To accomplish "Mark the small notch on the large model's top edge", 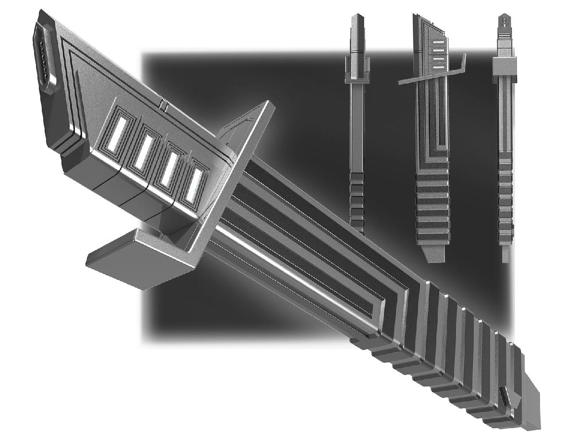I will click(x=164, y=104).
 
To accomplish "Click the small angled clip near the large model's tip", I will click(x=504, y=397).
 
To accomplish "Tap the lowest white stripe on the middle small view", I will click(x=438, y=66).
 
